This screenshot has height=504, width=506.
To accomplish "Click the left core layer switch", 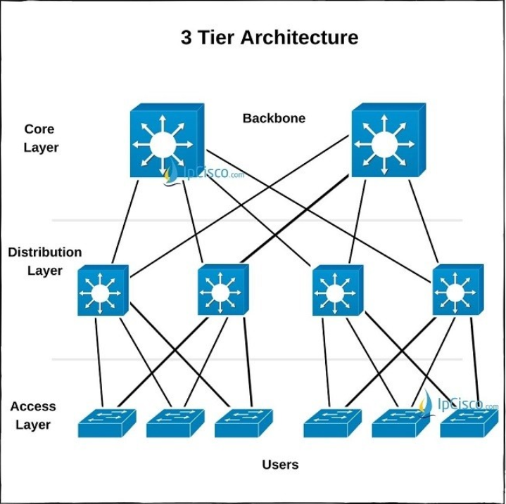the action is (167, 140).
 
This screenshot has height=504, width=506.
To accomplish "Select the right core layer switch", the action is (388, 140).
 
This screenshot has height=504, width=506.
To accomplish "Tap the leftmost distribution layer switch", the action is (103, 290).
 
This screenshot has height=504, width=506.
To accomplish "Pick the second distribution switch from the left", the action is (223, 290).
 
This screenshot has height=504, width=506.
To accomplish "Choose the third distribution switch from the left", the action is (338, 290).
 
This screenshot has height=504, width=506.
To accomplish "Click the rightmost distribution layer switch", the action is (458, 290).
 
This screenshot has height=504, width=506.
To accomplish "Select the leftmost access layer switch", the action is (107, 423).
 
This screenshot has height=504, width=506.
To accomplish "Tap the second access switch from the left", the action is (175, 423).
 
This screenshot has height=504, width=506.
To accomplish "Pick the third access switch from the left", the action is (243, 423).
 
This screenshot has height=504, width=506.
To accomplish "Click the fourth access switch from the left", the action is (333, 423).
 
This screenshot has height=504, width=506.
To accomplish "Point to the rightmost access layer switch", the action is (469, 423).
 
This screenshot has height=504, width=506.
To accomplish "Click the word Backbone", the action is (274, 118).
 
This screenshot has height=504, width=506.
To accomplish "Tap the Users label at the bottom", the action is (280, 465).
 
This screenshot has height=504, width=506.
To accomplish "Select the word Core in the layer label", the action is (39, 129).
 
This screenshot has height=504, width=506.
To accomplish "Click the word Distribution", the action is (45, 252).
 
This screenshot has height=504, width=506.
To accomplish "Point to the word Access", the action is (33, 406).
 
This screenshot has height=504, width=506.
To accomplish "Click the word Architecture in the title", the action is (300, 37).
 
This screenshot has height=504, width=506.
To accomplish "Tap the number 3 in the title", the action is (186, 37).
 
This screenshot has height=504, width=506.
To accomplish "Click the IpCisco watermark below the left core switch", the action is (203, 174).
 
